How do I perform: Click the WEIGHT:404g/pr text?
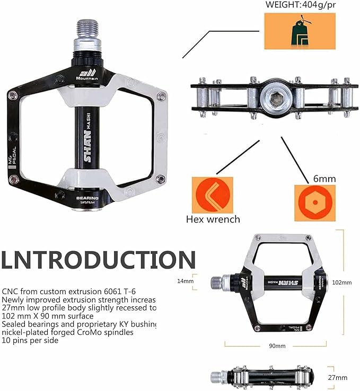(x=300, y=5)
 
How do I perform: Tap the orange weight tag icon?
(x=300, y=31)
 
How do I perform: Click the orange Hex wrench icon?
(x=212, y=194)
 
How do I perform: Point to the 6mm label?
(x=324, y=179)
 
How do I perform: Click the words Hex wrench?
(x=213, y=219)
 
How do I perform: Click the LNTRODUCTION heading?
(x=98, y=260)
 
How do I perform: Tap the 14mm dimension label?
(x=186, y=281)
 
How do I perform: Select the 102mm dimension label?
(x=341, y=282)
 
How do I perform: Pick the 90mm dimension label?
(x=276, y=345)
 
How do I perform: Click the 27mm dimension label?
(x=337, y=377)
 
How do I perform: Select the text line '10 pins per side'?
(x=30, y=340)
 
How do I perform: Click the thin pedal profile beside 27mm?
(x=263, y=376)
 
